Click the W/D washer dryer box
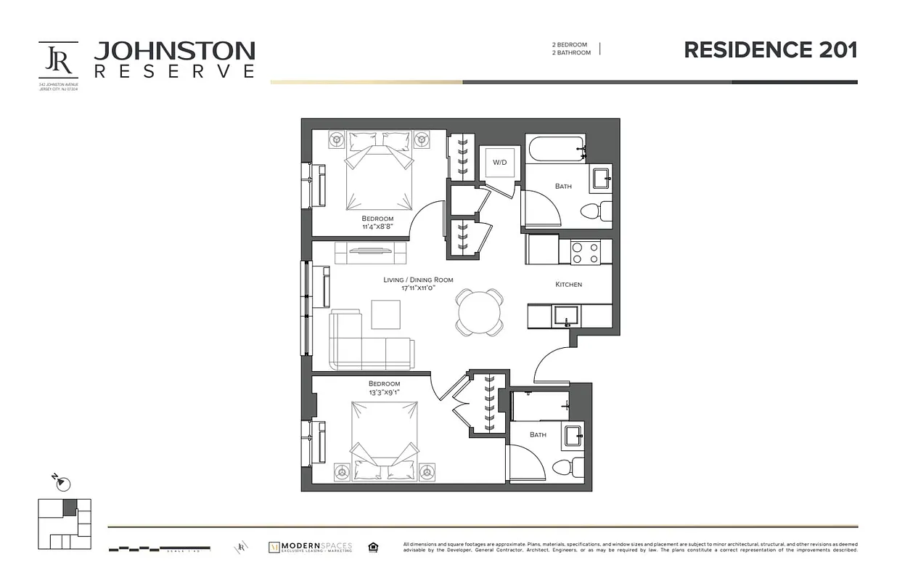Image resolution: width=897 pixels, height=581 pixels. (x=499, y=162)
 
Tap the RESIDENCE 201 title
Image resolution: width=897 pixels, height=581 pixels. (x=771, y=50)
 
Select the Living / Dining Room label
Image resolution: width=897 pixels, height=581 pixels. (x=418, y=280)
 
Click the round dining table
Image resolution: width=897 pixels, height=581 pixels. (x=479, y=312)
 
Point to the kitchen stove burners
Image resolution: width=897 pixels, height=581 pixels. (x=585, y=253)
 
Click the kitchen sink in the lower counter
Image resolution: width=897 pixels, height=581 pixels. (x=565, y=314)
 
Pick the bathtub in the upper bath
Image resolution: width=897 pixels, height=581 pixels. (x=555, y=150)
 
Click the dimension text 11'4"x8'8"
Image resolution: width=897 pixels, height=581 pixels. (x=377, y=227)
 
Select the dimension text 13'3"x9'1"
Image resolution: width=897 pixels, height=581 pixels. (x=384, y=392)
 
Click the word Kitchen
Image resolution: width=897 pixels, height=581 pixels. (x=568, y=284)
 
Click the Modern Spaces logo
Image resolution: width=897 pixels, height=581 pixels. (x=310, y=546)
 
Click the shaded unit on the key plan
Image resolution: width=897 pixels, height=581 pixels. (x=70, y=508)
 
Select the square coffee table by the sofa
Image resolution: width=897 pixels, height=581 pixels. (x=385, y=314)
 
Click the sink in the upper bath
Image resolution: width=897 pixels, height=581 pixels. (x=602, y=178)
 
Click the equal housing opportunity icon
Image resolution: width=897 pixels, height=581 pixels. (x=373, y=547)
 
